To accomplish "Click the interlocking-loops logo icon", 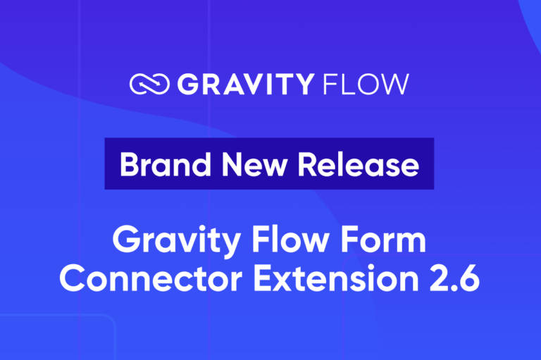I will click(x=149, y=85).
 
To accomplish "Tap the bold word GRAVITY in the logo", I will click(x=244, y=85).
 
